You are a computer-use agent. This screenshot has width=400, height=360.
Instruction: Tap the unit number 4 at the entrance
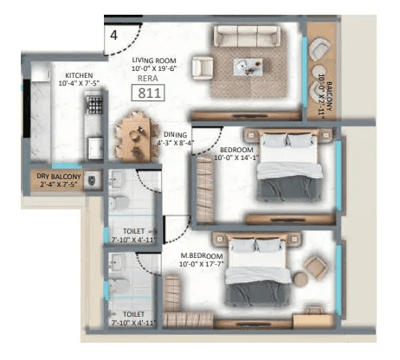tap(113, 35)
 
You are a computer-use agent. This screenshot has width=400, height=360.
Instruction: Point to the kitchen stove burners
tap(94, 107)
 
